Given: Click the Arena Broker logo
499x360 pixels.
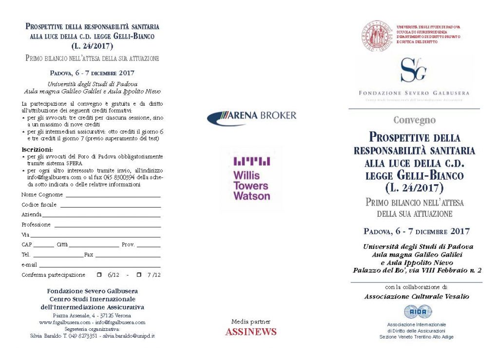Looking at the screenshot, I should (x=251, y=116).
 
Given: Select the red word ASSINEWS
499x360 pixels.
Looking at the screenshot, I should (x=250, y=332).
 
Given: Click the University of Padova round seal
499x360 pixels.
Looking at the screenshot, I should (x=377, y=35).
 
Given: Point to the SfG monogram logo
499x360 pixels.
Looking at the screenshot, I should (x=413, y=70).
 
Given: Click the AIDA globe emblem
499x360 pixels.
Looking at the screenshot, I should (x=418, y=312).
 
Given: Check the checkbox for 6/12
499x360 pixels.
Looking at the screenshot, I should (x=99, y=275).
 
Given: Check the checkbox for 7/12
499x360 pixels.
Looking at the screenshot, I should (x=139, y=275).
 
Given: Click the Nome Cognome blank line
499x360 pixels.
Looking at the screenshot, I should (x=113, y=196).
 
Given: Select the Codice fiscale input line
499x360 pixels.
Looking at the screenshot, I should (x=110, y=207).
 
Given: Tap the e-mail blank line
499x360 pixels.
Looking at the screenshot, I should (x=100, y=266).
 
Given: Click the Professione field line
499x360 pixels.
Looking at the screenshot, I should (x=107, y=227).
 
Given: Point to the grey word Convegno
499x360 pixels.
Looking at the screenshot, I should (x=414, y=120).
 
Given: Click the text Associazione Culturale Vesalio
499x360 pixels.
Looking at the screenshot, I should (x=416, y=296).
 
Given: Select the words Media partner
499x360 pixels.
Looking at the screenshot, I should (x=250, y=322).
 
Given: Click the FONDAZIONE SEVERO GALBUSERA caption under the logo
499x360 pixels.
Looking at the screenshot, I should (x=414, y=93).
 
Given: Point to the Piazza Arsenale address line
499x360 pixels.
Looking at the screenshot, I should (x=92, y=316).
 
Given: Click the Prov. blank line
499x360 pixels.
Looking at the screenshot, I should (x=149, y=246).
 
